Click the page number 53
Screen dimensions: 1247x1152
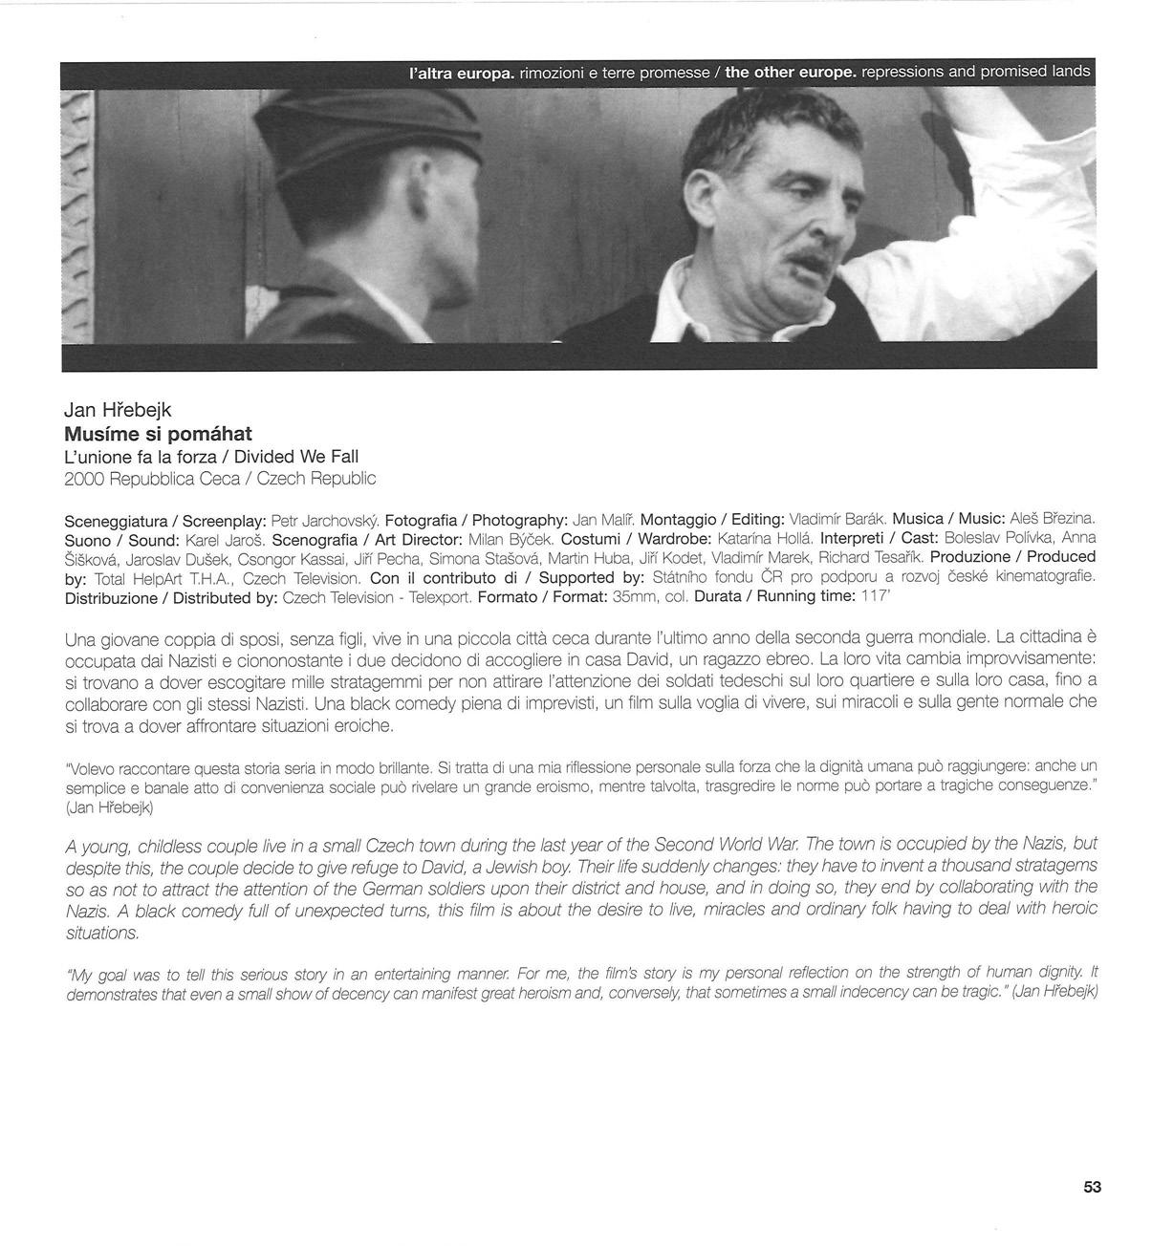(1092, 1187)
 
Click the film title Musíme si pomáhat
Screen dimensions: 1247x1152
(158, 434)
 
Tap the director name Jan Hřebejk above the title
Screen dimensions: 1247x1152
(118, 410)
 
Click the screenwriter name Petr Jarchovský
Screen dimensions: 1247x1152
(325, 521)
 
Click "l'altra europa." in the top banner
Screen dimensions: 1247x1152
(462, 73)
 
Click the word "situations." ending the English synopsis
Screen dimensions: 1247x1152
(102, 933)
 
